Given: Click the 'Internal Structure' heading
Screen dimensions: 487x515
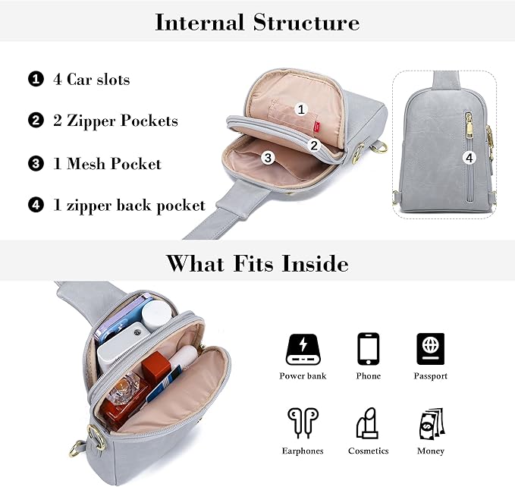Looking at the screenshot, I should [257, 22].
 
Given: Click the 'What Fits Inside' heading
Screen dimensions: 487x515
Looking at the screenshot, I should [257, 263].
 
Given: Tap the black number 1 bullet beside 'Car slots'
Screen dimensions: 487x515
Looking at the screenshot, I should [36, 79].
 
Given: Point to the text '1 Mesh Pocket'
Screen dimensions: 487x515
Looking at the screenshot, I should [106, 163].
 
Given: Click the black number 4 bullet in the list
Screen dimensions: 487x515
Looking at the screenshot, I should [36, 205].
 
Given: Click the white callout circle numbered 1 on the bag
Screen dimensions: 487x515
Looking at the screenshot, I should [300, 109].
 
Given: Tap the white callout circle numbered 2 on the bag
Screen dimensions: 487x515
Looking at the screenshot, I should [314, 145].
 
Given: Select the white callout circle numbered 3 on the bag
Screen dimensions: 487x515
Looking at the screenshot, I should [267, 158].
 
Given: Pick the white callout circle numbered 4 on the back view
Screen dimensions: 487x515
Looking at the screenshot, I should [469, 158].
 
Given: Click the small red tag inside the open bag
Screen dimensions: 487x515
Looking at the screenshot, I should [319, 114].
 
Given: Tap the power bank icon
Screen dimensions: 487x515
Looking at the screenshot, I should [303, 350].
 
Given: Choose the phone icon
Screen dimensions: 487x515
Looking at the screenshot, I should [368, 350].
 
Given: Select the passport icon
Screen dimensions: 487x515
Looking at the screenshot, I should [430, 350].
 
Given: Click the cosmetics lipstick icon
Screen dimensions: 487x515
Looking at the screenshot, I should [368, 423].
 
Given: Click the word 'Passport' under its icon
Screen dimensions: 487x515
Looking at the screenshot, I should [430, 376].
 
